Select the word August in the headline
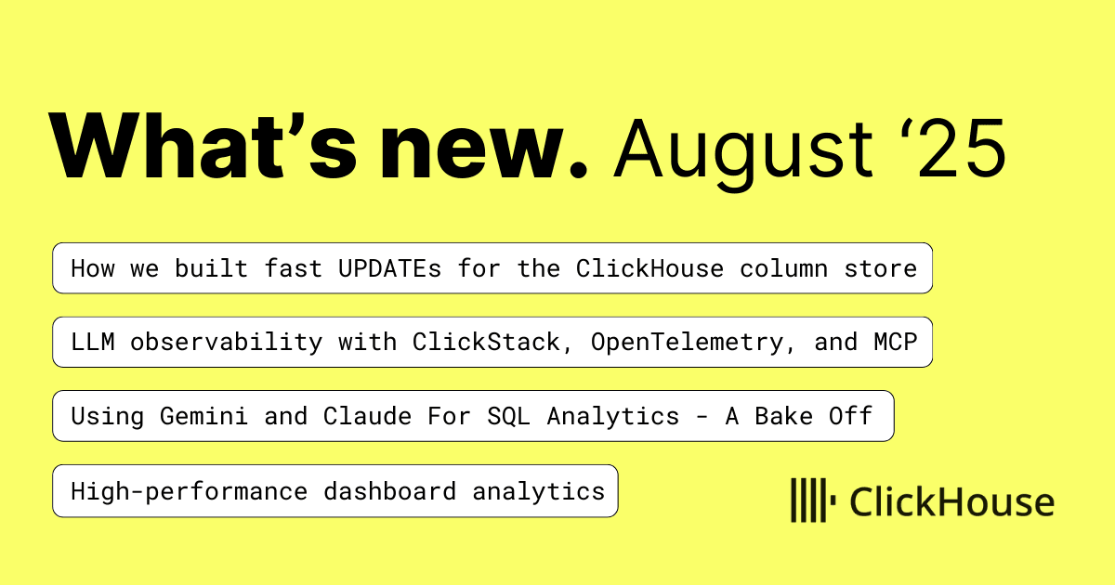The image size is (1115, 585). coord(743,151)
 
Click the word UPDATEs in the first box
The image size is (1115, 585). coord(389,268)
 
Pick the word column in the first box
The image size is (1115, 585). coord(783,268)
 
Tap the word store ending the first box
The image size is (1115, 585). coord(880,269)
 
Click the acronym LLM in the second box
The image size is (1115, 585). coord(93,343)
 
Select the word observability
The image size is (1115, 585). coord(227,344)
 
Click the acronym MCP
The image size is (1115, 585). coord(896,343)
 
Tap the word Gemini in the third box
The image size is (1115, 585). coord(203,416)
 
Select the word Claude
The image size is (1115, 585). coord(367,416)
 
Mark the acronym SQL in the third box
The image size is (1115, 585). coord(509,416)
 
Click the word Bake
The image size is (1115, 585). coord(783,416)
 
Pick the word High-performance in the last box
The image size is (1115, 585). coord(190,492)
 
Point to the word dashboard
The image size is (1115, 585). coord(389,491)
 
